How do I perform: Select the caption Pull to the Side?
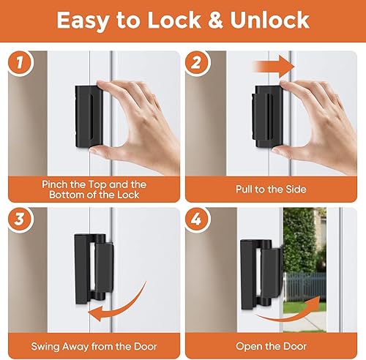pyautogui.click(x=271, y=188)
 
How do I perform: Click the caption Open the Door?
pyautogui.click(x=271, y=346)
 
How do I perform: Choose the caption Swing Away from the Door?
pyautogui.click(x=91, y=346)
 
